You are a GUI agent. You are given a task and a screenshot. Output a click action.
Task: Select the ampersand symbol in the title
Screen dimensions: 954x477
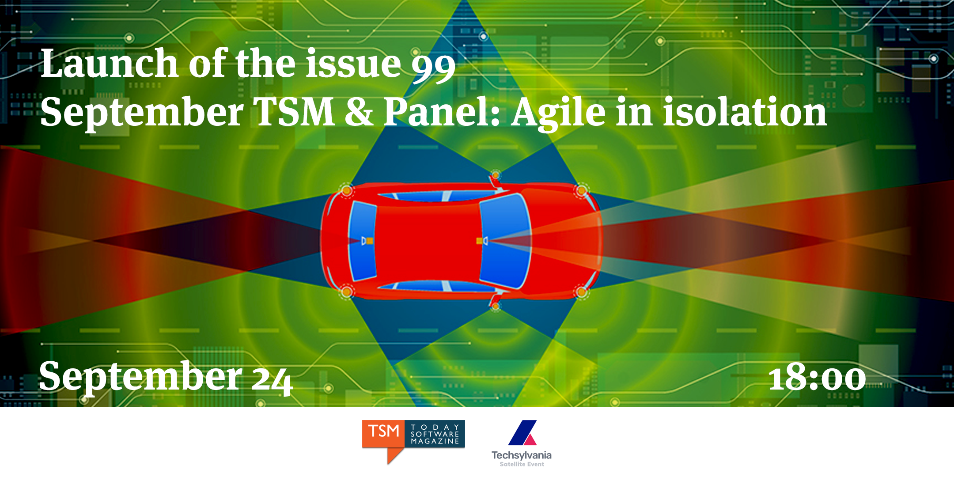click(x=359, y=112)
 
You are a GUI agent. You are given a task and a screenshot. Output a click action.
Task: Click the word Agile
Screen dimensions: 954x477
click(x=558, y=114)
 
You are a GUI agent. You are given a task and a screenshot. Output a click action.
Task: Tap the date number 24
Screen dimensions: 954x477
click(x=272, y=380)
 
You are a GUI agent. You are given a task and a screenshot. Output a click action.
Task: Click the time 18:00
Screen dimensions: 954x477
click(x=817, y=378)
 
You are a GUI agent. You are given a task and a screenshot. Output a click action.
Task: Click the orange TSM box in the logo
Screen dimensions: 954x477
click(x=383, y=434)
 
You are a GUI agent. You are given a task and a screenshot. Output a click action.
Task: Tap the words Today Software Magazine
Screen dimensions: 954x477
click(x=435, y=434)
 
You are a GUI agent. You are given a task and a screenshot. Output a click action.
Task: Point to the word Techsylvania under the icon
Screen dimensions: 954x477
click(x=521, y=455)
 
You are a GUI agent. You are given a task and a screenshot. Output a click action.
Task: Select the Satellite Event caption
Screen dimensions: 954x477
click(x=522, y=464)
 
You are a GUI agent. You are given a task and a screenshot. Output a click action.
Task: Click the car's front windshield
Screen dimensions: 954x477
click(x=505, y=241)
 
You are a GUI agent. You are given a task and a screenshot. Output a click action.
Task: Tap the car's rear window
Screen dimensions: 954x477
click(x=363, y=241)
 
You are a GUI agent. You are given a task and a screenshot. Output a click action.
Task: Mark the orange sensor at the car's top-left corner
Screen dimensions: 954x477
click(x=347, y=190)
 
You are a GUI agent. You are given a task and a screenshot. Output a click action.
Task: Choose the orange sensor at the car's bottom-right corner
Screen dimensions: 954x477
click(x=581, y=292)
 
